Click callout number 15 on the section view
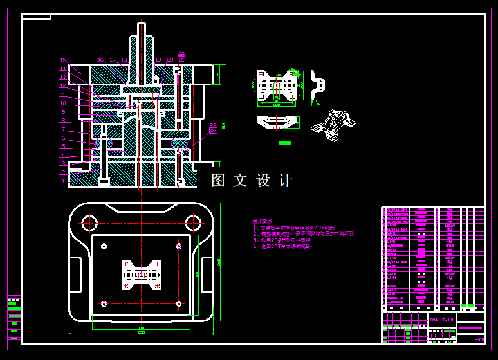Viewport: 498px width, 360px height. pos(63,60)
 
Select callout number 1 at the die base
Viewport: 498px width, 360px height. pos(63,181)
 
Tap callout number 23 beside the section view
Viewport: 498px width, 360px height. pos(213,125)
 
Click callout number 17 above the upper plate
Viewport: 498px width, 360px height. pos(113,60)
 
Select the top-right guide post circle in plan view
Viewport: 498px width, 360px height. pos(193,223)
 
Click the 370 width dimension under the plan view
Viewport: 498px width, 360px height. pos(141,328)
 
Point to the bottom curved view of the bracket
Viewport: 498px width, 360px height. pos(277,122)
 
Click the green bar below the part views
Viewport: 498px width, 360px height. pos(285,143)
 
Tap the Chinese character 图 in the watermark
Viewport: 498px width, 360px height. pos(218,181)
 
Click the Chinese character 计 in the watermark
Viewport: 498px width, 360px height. pos(286,181)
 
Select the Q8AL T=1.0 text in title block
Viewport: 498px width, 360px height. pos(441,319)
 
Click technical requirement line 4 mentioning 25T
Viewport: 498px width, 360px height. pos(283,246)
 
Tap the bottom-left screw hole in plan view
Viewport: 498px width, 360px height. pos(104,303)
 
